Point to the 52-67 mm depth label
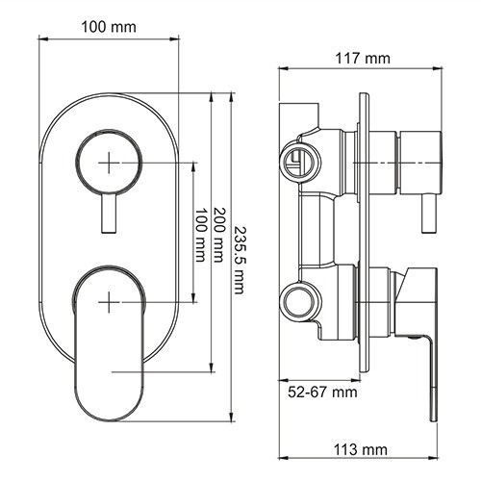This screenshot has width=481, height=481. tap(322, 392)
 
